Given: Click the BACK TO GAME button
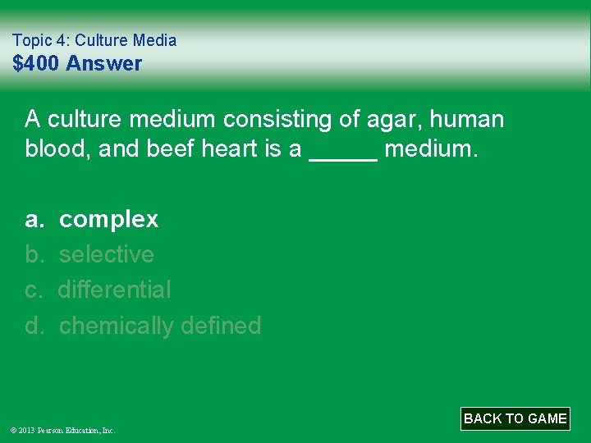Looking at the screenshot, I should pos(515,418).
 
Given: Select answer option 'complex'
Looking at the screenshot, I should pos(108,220).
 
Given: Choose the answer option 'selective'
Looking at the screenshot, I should pos(106,255).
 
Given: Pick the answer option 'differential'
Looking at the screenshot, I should pos(114,290).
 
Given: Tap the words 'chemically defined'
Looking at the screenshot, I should pos(159,326).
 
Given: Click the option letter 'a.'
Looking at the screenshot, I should pos(34,220).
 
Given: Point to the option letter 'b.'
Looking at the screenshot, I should pos(34,255).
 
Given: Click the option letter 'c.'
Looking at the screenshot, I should pos(34,290).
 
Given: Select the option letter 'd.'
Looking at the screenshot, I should pos(34,326).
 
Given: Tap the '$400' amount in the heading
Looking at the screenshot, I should pos(38,64).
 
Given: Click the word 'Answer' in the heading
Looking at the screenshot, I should pos(104,64).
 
